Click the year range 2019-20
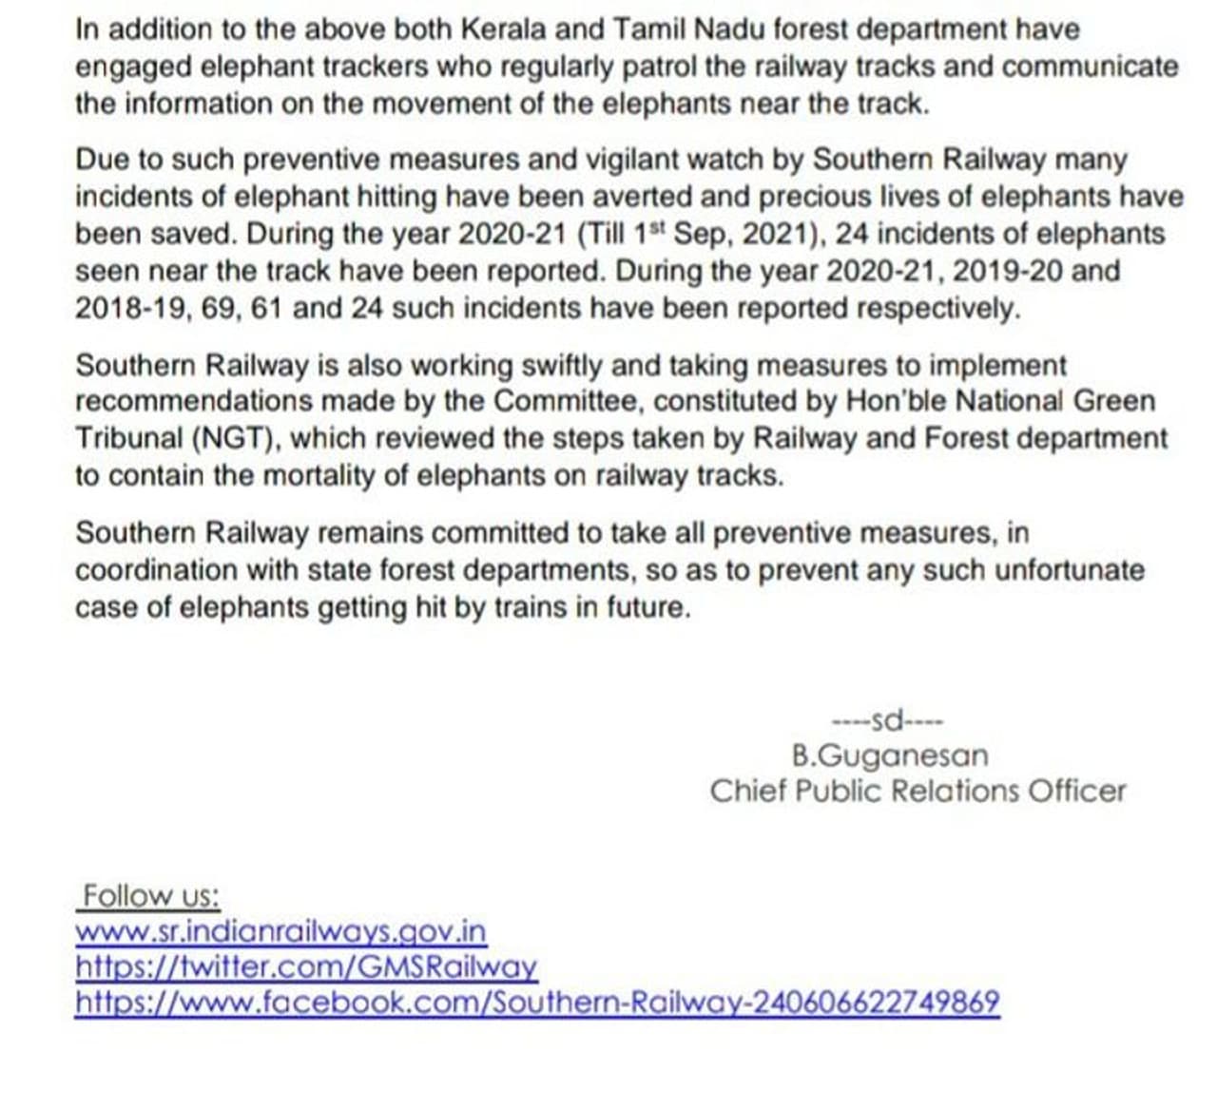point(1007,271)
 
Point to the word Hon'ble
point(894,401)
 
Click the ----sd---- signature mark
point(887,719)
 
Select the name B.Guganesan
point(889,755)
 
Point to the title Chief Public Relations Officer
point(918,791)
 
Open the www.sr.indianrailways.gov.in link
point(280,931)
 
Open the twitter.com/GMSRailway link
point(306,967)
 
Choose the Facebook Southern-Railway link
point(537,1003)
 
